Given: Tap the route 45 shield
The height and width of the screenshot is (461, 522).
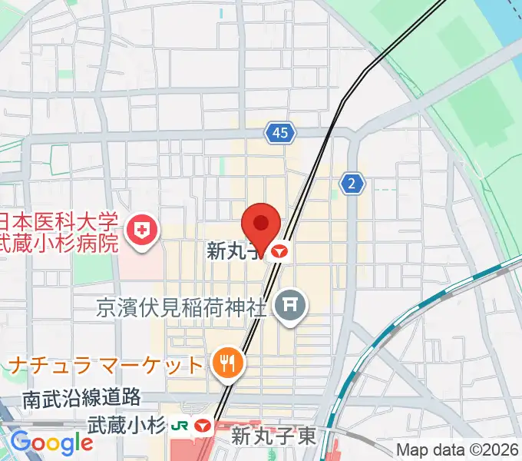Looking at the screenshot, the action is pyautogui.click(x=280, y=133).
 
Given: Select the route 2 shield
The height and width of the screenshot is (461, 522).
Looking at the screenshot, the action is pyautogui.click(x=352, y=183).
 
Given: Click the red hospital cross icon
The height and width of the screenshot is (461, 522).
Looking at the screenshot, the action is pyautogui.click(x=142, y=228).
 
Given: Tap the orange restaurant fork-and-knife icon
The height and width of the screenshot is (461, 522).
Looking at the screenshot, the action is pyautogui.click(x=227, y=361).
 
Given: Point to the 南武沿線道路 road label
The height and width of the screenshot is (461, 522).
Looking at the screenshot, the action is pyautogui.click(x=82, y=398).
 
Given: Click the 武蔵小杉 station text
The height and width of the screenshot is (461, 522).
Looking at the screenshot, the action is pyautogui.click(x=127, y=424).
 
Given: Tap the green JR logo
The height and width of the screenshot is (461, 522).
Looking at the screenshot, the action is pyautogui.click(x=181, y=425).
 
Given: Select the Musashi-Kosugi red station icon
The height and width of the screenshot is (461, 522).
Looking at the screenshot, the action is pyautogui.click(x=203, y=425).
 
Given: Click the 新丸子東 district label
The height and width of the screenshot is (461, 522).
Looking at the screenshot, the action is pyautogui.click(x=273, y=437).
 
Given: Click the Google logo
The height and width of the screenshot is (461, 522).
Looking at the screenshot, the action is pyautogui.click(x=52, y=443).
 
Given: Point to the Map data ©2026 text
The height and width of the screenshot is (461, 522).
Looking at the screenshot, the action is pyautogui.click(x=458, y=450).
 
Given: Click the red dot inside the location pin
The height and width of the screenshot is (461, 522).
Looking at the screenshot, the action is pyautogui.click(x=261, y=223).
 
